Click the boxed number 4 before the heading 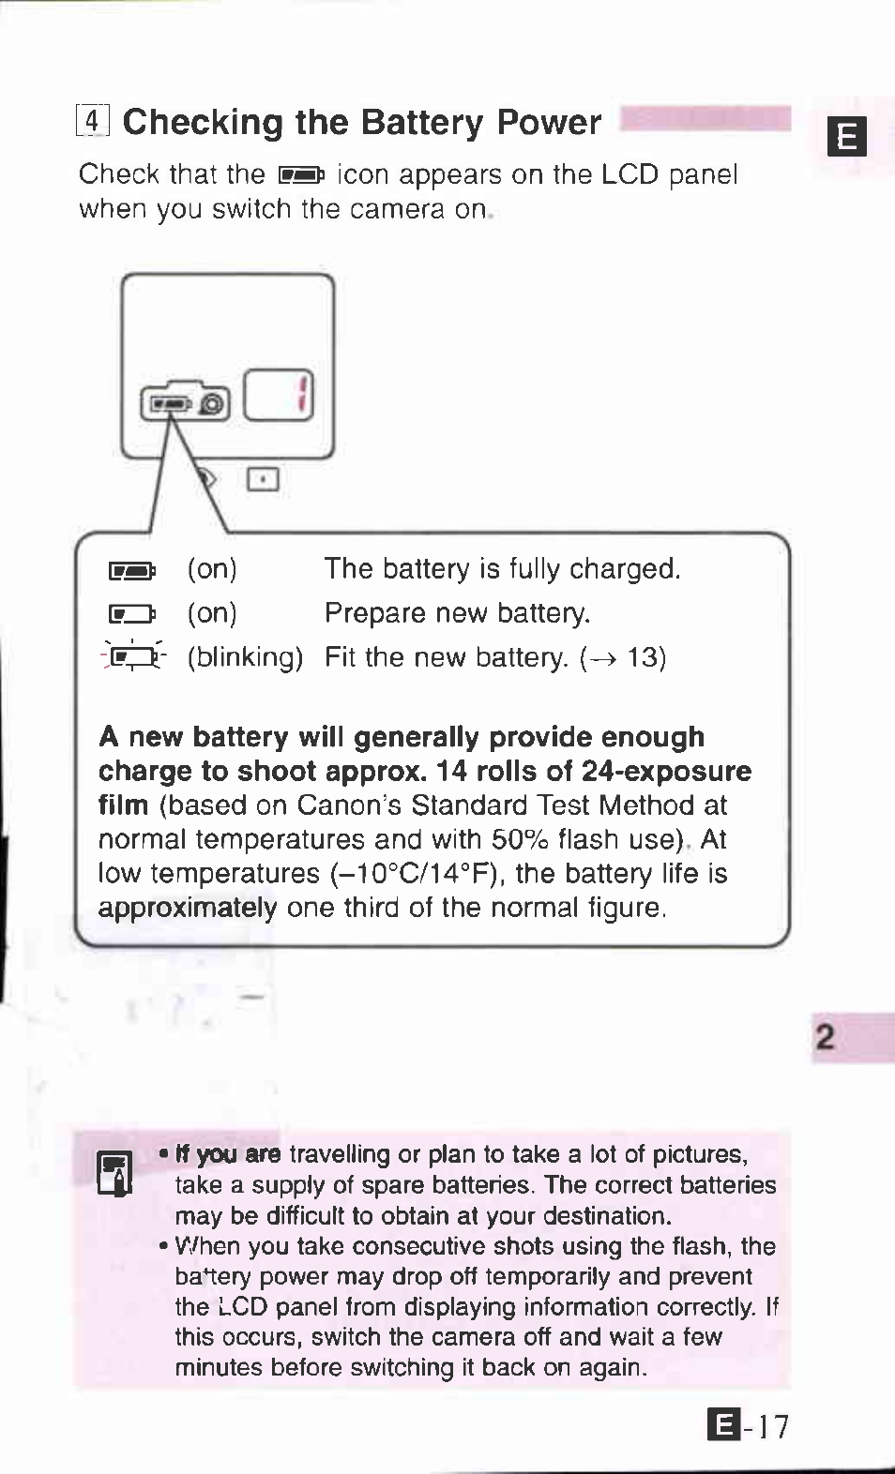[x=93, y=122]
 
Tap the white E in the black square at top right [x=846, y=138]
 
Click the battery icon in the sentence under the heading [x=300, y=175]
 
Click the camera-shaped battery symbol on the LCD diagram [x=185, y=401]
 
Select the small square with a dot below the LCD [x=263, y=480]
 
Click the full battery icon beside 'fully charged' [x=131, y=570]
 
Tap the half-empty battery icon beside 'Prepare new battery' [x=131, y=614]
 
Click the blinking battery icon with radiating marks [x=132, y=657]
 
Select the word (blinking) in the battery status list [x=245, y=657]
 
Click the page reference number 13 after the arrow [x=644, y=657]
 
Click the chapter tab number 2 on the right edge [x=826, y=1038]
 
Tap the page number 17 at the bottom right [x=773, y=1427]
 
